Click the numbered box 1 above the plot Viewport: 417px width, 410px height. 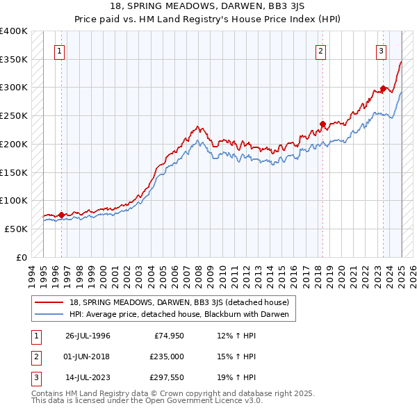pyautogui.click(x=60, y=50)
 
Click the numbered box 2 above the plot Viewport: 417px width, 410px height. pyautogui.click(x=321, y=50)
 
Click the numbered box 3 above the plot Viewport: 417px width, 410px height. pyautogui.click(x=382, y=50)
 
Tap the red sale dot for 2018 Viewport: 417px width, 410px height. pyautogui.click(x=322, y=125)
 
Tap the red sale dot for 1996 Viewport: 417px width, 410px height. pyautogui.click(x=61, y=215)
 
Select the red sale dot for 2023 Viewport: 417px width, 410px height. pyautogui.click(x=383, y=89)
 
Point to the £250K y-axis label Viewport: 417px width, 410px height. pyautogui.click(x=13, y=115)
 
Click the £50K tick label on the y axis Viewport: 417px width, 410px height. pyautogui.click(x=16, y=229)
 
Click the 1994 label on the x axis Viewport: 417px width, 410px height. pyautogui.click(x=32, y=273)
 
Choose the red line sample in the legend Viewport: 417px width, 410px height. pyautogui.click(x=50, y=302)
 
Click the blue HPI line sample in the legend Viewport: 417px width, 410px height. pyautogui.click(x=50, y=314)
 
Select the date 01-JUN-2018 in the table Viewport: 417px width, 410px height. pyautogui.click(x=88, y=357)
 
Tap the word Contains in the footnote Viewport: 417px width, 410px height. pyautogui.click(x=49, y=393)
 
